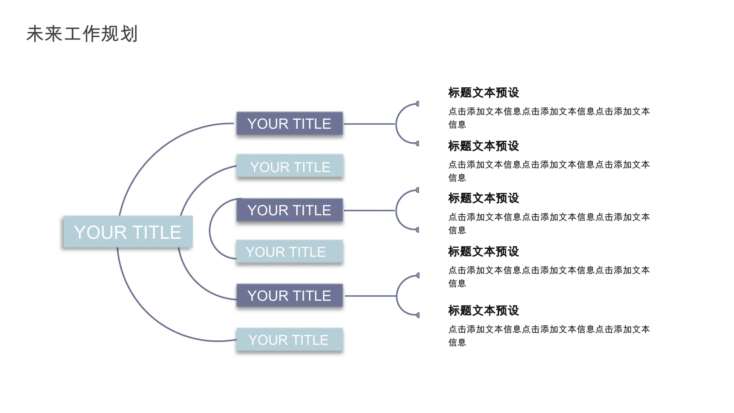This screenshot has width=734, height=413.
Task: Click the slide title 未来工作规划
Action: [82, 34]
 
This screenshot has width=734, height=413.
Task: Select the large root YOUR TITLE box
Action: [128, 232]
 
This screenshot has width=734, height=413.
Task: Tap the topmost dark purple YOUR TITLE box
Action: [290, 124]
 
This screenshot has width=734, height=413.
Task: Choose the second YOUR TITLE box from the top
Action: [290, 167]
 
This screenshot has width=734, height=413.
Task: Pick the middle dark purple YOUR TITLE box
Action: [290, 210]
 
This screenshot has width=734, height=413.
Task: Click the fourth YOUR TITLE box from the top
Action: [290, 252]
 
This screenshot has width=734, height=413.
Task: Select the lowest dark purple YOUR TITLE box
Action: [290, 295]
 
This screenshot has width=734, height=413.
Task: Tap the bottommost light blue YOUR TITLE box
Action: [290, 340]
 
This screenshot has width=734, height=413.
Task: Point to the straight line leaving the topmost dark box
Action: [370, 124]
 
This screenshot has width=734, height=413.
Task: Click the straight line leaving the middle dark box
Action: [370, 211]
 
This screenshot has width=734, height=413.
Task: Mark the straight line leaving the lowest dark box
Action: [371, 296]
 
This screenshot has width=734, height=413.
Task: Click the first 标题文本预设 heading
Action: [484, 93]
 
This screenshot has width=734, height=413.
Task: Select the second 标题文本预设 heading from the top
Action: [484, 146]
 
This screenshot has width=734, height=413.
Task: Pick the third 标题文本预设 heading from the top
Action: [484, 198]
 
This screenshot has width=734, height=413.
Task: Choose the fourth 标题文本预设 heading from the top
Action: [484, 252]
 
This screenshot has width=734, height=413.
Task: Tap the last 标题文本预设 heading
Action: [484, 311]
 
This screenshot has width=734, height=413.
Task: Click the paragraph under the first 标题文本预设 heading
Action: [549, 118]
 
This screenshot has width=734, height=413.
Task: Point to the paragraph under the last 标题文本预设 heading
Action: [549, 336]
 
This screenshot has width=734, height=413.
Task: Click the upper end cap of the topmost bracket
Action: [417, 104]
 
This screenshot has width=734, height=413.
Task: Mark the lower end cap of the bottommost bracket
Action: [418, 315]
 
